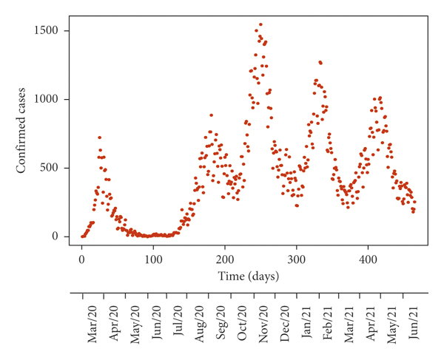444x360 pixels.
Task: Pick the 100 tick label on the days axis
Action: tap(153, 259)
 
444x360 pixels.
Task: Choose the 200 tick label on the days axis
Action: tap(225, 259)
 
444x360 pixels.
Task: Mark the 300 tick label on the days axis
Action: tap(297, 259)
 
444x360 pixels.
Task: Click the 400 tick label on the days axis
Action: tap(369, 259)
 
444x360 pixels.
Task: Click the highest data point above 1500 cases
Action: tap(260, 24)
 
